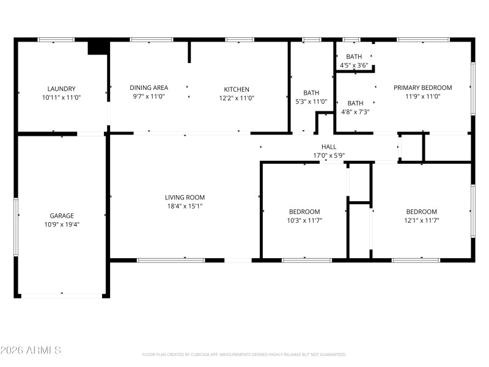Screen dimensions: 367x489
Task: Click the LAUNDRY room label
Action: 62,89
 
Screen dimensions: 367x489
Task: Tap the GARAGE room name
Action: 62,215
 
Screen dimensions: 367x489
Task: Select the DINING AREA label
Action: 149,88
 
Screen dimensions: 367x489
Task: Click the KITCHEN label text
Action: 236,89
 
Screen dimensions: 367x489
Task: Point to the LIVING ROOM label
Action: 185,198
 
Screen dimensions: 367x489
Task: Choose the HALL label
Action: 329,147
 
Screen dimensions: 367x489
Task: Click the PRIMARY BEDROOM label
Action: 422,88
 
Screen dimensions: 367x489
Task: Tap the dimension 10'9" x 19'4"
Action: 62,224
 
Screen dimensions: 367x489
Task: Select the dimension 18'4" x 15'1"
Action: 185,206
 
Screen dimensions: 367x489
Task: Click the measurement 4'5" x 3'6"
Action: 355,65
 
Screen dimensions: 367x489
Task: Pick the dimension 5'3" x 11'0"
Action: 311,102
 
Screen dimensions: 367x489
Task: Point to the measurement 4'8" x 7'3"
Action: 355,112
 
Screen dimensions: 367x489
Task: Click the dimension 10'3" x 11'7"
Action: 304,220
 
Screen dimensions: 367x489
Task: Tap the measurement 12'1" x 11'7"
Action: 421,220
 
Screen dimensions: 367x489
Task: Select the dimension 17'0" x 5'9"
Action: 329,155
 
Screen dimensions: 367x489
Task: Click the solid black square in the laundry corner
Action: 98,48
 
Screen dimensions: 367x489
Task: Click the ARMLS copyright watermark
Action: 31,350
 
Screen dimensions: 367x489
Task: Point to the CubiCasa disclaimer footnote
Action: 244,354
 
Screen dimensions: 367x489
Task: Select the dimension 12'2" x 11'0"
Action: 236,98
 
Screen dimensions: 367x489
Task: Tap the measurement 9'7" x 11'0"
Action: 149,97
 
